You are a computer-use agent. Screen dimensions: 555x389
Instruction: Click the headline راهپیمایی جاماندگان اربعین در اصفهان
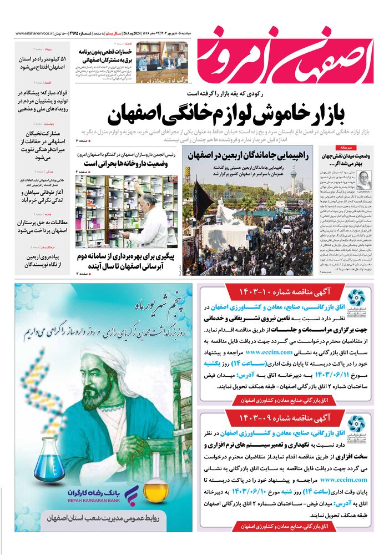tap(248, 155)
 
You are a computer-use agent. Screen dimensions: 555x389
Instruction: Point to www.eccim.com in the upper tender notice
tap(269, 351)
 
